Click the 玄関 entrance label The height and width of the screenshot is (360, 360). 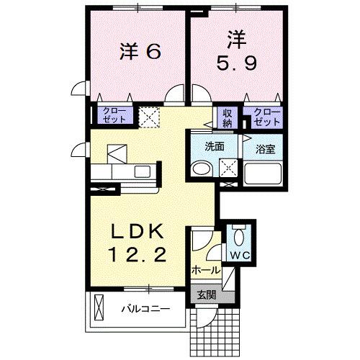205,293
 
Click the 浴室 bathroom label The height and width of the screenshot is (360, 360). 265,149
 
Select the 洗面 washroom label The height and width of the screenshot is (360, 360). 215,145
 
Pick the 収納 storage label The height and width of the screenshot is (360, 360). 228,117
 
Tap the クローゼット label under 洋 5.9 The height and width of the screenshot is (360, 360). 266,116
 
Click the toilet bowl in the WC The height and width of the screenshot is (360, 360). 239,234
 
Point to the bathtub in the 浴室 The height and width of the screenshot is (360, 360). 264,175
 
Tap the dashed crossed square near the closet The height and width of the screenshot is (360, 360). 149,117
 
